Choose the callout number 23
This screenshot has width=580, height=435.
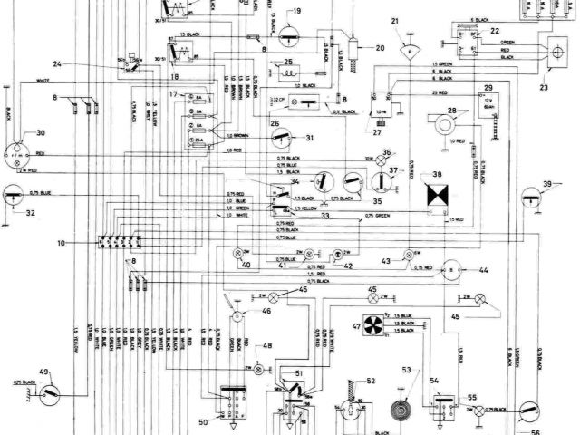point(544,87)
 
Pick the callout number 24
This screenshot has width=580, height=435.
point(57,63)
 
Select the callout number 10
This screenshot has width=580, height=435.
point(61,245)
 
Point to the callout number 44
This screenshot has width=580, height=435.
point(484,270)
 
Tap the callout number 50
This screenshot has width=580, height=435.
point(203,421)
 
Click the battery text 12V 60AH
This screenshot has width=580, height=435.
point(491,101)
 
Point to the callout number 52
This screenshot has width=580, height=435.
point(370,382)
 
